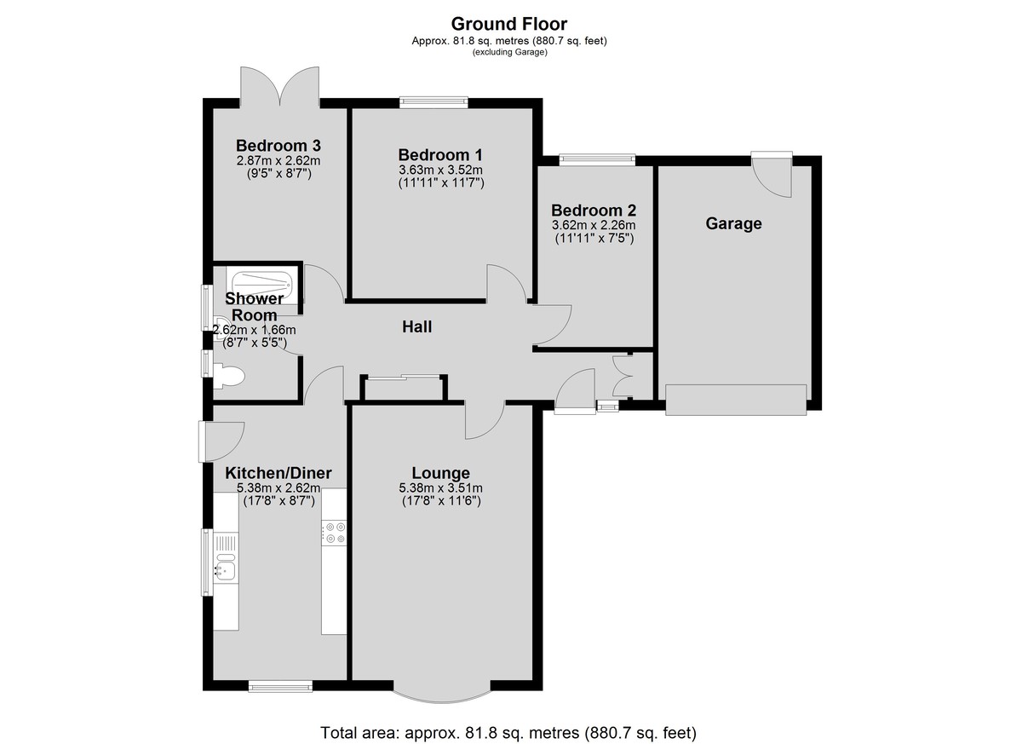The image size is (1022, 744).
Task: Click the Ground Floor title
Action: [x=508, y=24]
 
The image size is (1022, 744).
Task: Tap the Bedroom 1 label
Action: [x=440, y=155]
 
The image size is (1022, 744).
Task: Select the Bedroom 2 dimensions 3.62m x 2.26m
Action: [x=594, y=225]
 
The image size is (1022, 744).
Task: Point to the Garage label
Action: [x=733, y=223]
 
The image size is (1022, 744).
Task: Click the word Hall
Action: [x=416, y=326]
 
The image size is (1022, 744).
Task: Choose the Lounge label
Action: [x=440, y=473]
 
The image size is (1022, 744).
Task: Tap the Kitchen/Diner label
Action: [x=278, y=473]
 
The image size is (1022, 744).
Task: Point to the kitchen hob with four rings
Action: [x=334, y=533]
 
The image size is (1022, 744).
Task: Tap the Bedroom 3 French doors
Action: [x=279, y=87]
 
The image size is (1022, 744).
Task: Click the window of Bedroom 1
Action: [x=433, y=101]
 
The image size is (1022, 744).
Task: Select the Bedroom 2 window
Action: [x=597, y=159]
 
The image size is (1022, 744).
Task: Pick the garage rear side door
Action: [x=772, y=175]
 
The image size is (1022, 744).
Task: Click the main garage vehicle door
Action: [x=736, y=400]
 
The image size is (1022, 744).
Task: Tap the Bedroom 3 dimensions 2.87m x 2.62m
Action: [x=278, y=161]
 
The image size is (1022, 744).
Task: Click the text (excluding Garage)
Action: [x=509, y=52]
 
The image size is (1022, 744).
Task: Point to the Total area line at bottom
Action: [x=508, y=733]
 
